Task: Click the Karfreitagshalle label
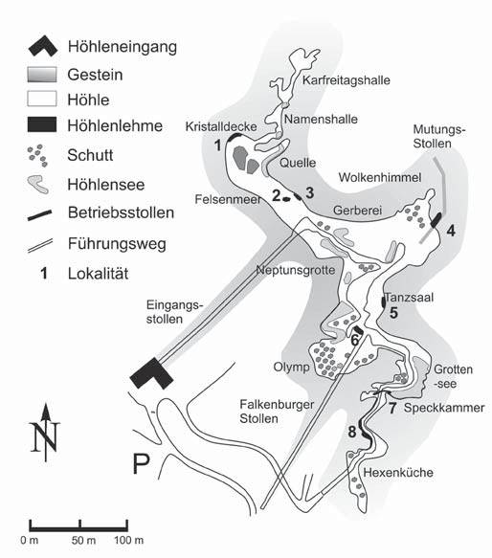coord(347,80)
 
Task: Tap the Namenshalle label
coord(321,119)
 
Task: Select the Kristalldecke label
coord(221,126)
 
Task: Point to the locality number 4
coord(451,231)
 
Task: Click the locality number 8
coord(351,432)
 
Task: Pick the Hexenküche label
coord(398,473)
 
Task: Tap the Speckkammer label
coord(444,408)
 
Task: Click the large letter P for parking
coord(141,463)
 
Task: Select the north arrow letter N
coord(45,436)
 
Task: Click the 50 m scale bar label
coord(83,540)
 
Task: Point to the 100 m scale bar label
coord(129,540)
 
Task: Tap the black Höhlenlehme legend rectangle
coord(42,124)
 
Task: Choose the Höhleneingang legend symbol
coord(43,46)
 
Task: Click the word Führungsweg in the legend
coord(117,244)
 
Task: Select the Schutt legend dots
coord(37,155)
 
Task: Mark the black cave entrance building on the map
coord(151,373)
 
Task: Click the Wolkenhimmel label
coord(380,177)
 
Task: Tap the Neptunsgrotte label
coord(296,270)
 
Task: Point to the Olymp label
coord(291,367)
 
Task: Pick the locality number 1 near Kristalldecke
coord(217,145)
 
